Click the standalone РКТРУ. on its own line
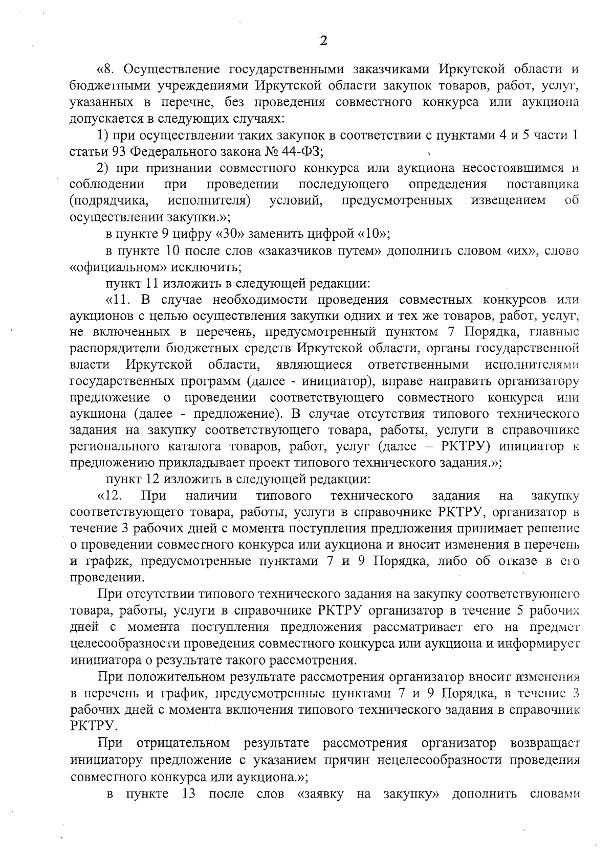pos(87,726)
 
